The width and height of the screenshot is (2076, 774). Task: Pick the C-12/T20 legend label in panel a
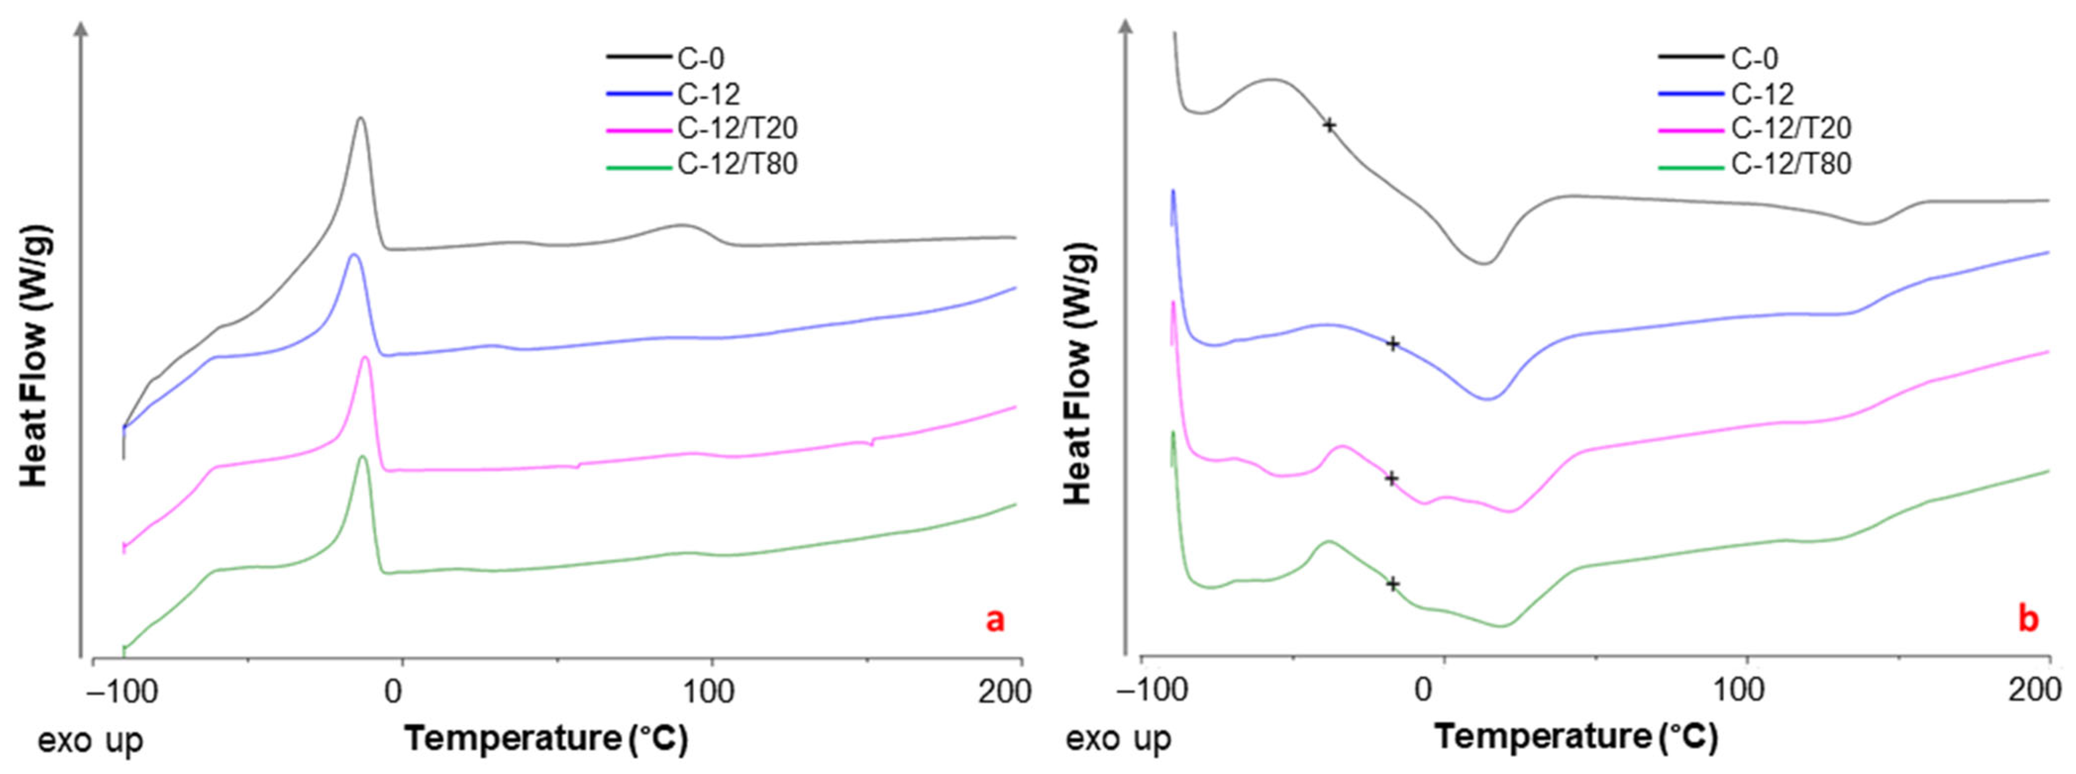pyautogui.click(x=736, y=129)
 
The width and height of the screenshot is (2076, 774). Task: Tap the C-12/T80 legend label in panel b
pyautogui.click(x=1791, y=164)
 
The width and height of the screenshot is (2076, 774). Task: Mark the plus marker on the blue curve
pyautogui.click(x=1392, y=344)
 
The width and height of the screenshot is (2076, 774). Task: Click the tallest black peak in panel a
pyautogui.click(x=360, y=118)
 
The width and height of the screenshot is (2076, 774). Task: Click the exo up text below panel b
pyautogui.click(x=1119, y=739)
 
